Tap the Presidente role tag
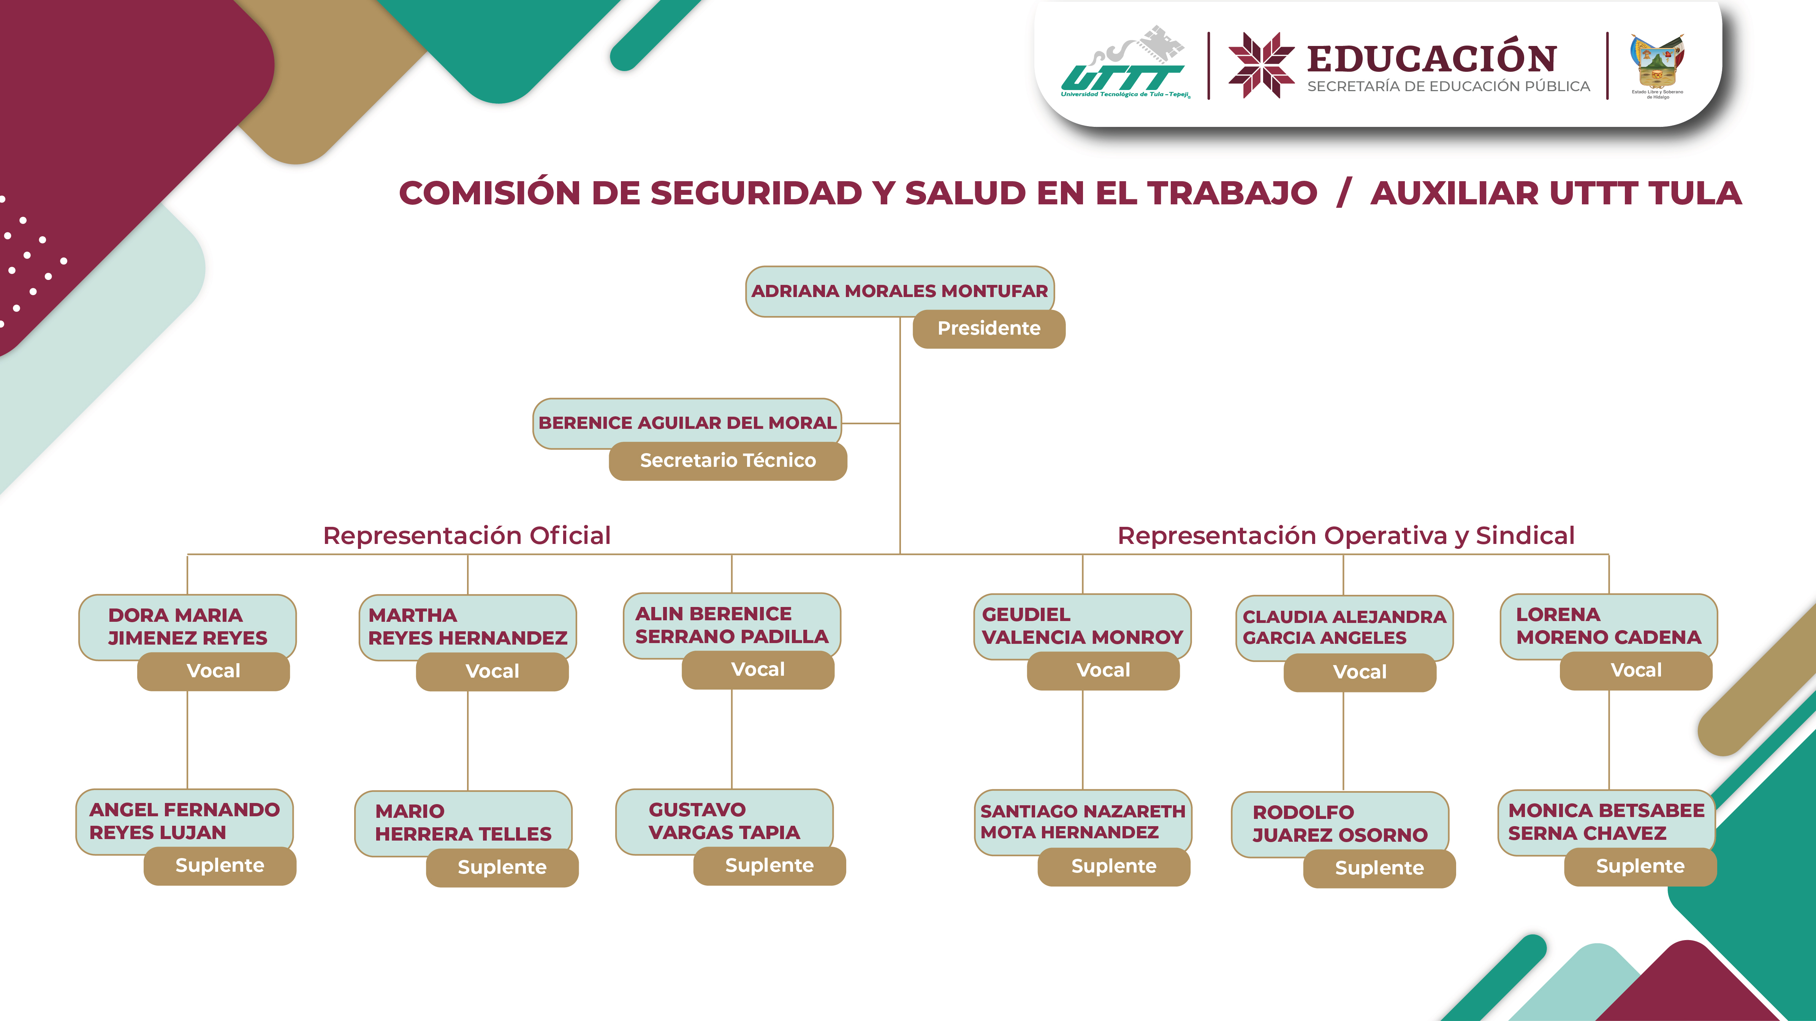point(988,328)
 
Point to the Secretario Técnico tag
point(728,461)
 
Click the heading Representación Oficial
point(467,536)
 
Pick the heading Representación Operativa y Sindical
point(1346,536)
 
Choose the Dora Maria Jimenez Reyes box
point(187,626)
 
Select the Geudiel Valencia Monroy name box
point(1082,625)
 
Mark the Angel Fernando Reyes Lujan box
point(184,820)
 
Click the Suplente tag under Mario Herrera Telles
point(502,868)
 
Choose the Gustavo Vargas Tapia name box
point(724,820)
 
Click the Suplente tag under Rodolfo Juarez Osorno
point(1379,868)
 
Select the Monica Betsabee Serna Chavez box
point(1606,821)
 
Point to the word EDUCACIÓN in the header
point(1431,58)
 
